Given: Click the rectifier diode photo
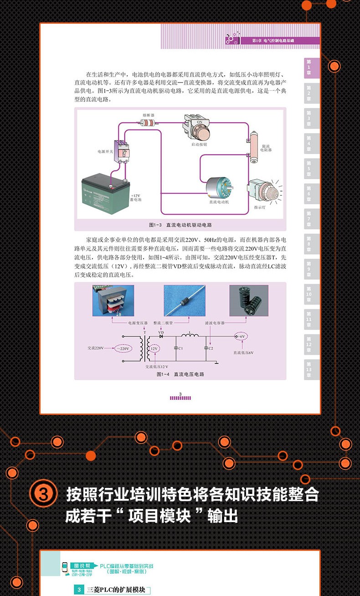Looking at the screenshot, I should coord(182,301).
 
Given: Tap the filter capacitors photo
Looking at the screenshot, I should coord(248,301).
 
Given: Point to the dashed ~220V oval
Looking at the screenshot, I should coord(123,348).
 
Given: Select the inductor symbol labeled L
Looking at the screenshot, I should coord(190,336).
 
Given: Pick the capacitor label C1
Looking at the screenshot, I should coord(180,348).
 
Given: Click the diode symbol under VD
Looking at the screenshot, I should coord(161,337).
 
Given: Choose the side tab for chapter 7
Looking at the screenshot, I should coord(311,218).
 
